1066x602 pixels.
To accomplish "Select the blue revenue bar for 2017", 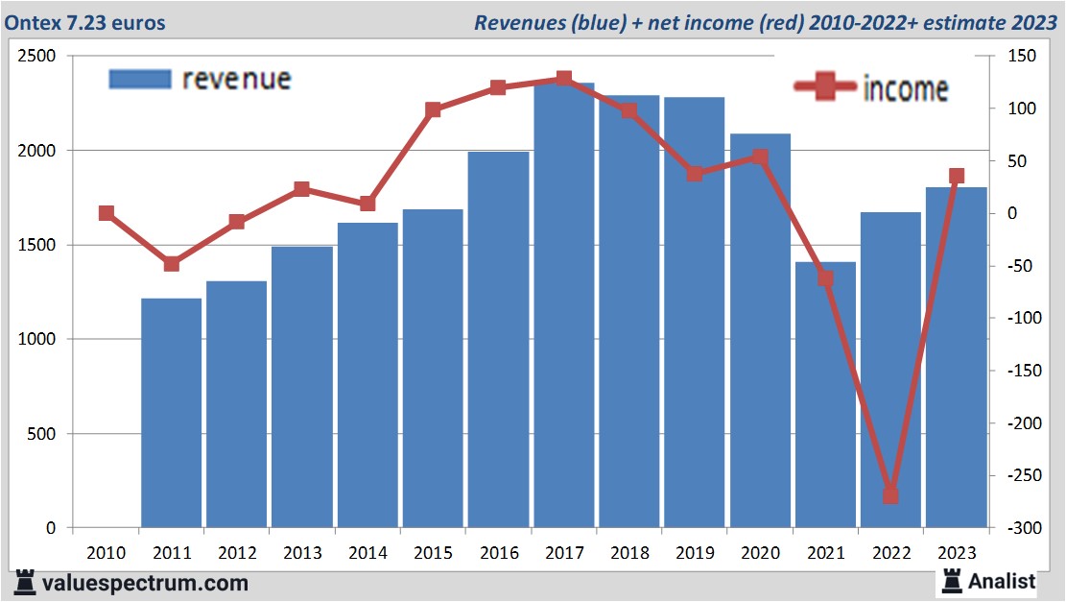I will (x=564, y=307).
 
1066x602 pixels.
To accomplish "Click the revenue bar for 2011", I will (x=171, y=413).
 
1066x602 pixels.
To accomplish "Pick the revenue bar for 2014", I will (x=367, y=374).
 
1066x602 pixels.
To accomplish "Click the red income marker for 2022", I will (x=890, y=495).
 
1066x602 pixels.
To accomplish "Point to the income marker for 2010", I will (x=106, y=213).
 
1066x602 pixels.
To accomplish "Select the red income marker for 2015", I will (x=433, y=109).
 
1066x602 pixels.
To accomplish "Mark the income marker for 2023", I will (x=957, y=176).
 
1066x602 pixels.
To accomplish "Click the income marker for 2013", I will (x=302, y=188).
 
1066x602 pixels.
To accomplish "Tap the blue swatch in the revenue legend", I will (x=139, y=79).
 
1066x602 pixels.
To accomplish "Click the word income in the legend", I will (x=905, y=89).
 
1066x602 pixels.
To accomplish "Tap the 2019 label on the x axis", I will (x=695, y=553).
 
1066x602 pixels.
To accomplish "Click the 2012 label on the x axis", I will (x=236, y=553).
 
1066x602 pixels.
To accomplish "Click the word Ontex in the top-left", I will (x=34, y=22).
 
